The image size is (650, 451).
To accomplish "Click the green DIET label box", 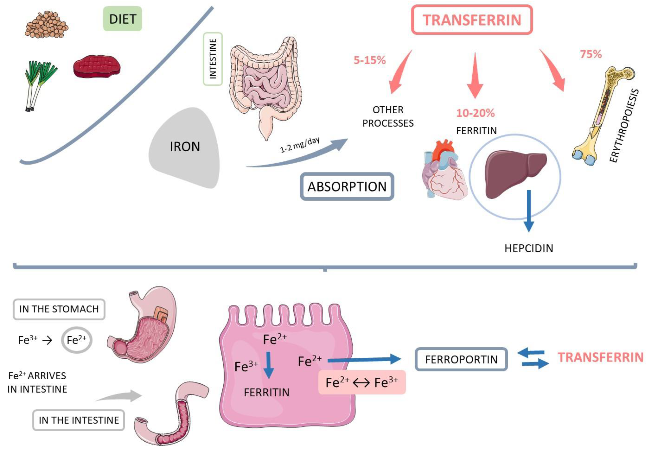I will coord(122,19).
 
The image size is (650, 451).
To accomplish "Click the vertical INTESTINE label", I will coord(213,59).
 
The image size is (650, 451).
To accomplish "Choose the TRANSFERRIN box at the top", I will coord(472,20).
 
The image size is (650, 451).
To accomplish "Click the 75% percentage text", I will coord(591,54).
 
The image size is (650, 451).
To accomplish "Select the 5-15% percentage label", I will coord(370,60).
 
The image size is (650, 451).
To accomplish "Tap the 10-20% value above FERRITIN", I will coord(475,113).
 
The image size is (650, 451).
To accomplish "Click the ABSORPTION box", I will coord(347,187).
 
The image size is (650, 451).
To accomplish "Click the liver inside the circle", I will coord(515,174).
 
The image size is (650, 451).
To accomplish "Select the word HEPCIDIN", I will coord(529,248).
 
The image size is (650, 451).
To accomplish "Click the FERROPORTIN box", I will coord(461,359).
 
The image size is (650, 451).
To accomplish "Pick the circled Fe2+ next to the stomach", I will coord(76,340).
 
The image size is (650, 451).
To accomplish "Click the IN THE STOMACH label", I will coord(59,309).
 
